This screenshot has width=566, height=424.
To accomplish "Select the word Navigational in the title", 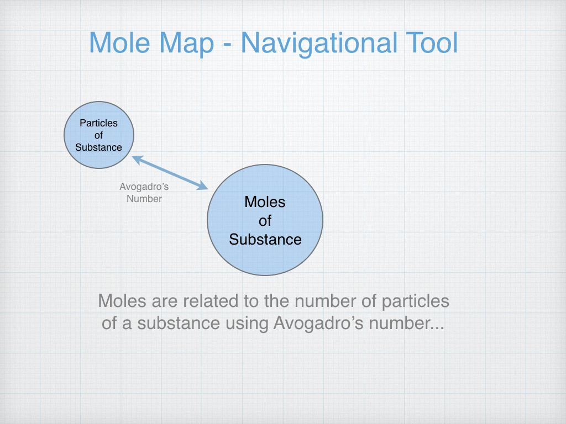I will point(318,43).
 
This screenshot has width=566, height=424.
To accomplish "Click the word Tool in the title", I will point(431,43).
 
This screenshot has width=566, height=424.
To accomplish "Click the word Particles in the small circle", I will point(99,123).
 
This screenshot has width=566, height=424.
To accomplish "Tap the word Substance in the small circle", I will point(99,147).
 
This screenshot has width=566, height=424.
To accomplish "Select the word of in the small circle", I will point(99,135).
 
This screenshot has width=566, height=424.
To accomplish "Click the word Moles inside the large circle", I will point(265,202).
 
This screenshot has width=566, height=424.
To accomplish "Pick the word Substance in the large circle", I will point(265,240).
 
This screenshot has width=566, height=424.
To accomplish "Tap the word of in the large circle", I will point(265,221).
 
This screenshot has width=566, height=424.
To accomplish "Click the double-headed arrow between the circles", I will point(170,173).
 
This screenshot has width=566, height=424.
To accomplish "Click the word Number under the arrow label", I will point(144,199).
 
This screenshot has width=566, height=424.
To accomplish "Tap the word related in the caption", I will point(209,301).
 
